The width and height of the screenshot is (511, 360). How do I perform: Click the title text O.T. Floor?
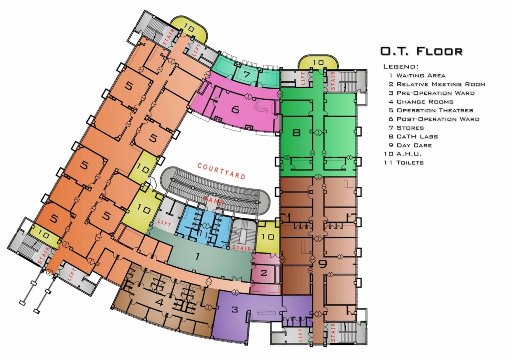point(421,51)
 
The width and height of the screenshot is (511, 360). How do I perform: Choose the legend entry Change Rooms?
point(421,102)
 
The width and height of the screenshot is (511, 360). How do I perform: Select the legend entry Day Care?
point(411,145)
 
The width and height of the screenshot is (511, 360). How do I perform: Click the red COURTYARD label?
point(221,171)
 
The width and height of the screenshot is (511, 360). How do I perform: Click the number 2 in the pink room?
point(264,273)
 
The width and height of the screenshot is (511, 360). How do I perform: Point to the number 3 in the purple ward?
point(234,309)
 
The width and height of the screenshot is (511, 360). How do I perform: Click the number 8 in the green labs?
point(296,133)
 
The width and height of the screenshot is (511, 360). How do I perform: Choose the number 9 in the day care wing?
point(323,264)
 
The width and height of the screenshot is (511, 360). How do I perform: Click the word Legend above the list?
point(401,66)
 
